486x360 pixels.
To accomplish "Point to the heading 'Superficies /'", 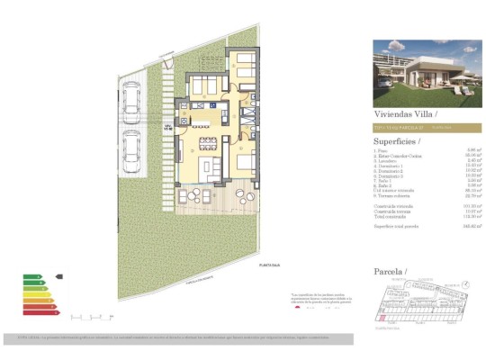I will pyautogui.click(x=397, y=141).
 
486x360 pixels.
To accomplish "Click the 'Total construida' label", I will pyautogui.click(x=393, y=216).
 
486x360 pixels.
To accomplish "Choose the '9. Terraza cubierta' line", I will pyautogui.click(x=395, y=195).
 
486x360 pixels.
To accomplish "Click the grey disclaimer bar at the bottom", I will pyautogui.click(x=243, y=337).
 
